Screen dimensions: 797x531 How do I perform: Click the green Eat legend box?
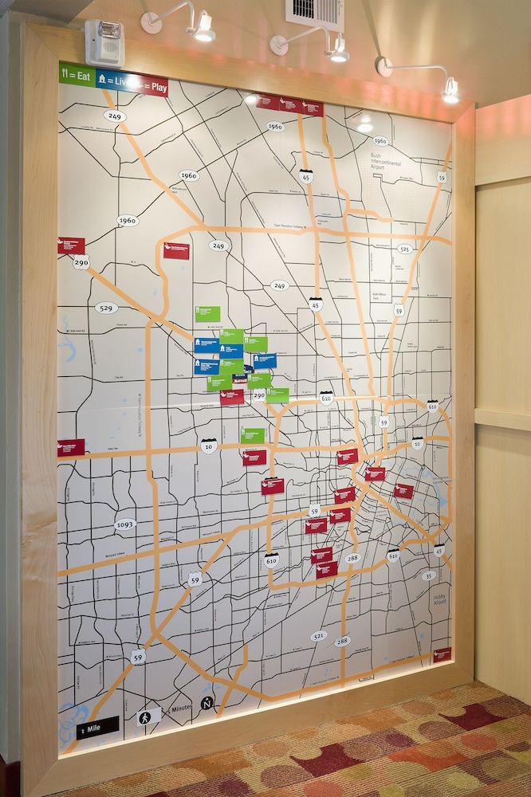point(77,76)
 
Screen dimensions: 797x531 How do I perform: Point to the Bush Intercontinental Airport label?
point(389,162)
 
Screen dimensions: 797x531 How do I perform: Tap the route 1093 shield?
point(125,525)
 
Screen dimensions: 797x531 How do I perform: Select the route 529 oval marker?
point(106,308)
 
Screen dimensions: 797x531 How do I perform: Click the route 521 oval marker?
point(319,636)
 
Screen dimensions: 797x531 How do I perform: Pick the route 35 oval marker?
point(429,575)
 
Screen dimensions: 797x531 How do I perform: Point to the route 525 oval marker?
point(405,249)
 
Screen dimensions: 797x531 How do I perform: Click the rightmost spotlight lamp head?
point(450,92)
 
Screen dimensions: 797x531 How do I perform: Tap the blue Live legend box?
point(112,80)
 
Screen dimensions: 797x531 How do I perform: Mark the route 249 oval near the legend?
point(115,116)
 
